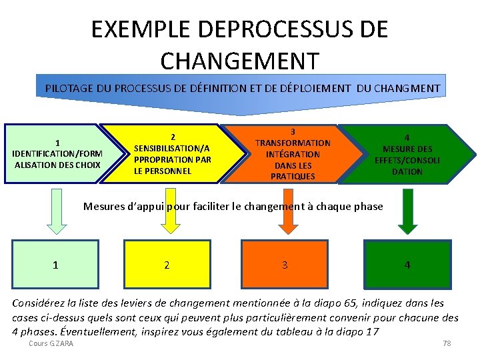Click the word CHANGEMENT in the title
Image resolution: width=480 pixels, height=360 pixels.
point(240,61)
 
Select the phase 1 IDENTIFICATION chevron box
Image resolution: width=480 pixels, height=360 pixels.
point(57,153)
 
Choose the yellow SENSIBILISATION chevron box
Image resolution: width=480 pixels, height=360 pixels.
point(173,153)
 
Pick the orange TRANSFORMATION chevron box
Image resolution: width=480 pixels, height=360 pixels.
point(292,154)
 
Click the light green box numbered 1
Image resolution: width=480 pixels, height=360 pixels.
point(55,265)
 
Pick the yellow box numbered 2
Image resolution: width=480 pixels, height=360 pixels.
point(167,265)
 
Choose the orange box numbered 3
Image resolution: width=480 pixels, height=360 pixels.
point(285,265)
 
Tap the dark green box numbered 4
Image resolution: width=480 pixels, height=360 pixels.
point(407,265)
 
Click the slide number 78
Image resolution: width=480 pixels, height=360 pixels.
point(447,343)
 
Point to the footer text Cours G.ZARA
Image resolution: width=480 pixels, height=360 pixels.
point(51,343)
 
